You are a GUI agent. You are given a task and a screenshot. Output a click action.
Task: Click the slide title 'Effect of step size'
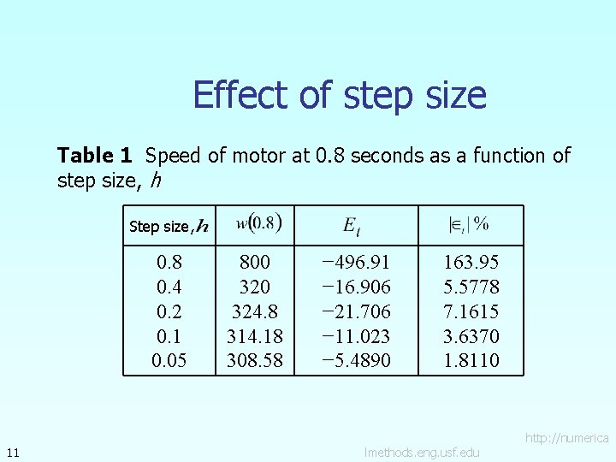(x=340, y=95)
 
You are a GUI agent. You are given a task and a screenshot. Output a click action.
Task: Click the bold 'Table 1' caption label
(x=94, y=156)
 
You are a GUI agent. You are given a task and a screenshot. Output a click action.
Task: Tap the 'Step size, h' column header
(x=168, y=226)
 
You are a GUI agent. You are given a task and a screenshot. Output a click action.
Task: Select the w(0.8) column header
(x=258, y=224)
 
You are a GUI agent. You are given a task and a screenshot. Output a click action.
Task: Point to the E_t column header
(x=352, y=225)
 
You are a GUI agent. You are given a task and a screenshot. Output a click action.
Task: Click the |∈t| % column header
(x=469, y=224)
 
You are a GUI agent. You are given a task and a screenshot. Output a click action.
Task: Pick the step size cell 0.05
(x=169, y=360)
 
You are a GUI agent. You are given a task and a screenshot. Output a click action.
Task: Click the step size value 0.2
(x=169, y=311)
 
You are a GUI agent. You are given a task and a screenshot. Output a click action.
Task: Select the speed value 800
(x=254, y=262)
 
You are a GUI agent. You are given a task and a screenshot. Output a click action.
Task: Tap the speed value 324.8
(x=254, y=311)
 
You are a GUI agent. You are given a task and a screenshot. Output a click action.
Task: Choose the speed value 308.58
(x=254, y=360)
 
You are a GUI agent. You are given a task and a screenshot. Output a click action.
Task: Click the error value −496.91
(x=356, y=262)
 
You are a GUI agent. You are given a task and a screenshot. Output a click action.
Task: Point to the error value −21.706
(x=356, y=311)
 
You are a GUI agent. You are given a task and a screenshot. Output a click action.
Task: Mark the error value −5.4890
(x=356, y=360)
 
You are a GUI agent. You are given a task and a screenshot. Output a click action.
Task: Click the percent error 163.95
(x=471, y=262)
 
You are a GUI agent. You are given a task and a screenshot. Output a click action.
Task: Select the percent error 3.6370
(x=471, y=335)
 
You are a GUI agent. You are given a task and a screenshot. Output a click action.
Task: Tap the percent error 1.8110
(x=471, y=360)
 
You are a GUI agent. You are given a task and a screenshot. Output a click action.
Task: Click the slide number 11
(x=12, y=452)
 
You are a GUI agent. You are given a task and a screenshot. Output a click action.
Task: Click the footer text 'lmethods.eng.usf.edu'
(x=422, y=452)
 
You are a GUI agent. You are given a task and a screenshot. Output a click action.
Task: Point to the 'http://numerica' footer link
(x=566, y=438)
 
